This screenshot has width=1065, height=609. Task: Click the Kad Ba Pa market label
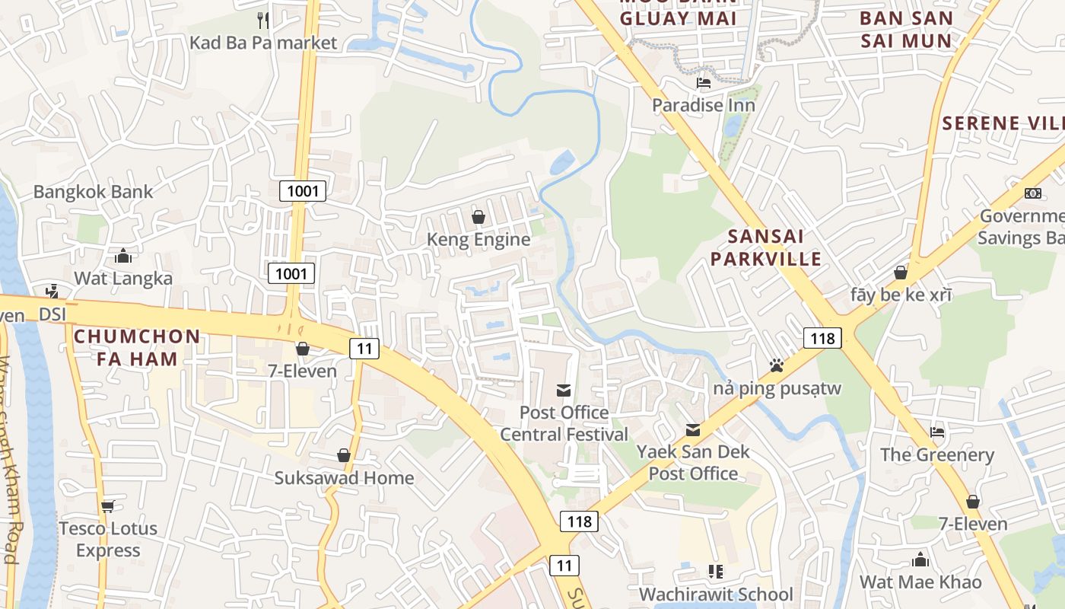click(x=262, y=43)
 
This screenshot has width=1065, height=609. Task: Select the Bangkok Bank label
click(x=93, y=192)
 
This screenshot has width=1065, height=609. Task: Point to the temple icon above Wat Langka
click(x=122, y=255)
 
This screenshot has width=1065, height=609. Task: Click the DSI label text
click(x=53, y=314)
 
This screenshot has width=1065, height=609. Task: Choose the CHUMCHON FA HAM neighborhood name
click(x=137, y=347)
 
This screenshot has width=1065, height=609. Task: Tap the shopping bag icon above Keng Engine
click(x=478, y=217)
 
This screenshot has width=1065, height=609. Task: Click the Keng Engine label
click(x=478, y=240)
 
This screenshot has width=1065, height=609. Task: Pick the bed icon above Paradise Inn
click(x=704, y=82)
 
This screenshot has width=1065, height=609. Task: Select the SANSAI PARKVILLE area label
click(x=766, y=247)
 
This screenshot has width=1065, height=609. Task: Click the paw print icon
click(x=776, y=365)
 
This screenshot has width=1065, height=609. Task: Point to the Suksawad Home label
click(x=344, y=478)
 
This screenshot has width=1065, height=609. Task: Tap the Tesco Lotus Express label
click(x=108, y=539)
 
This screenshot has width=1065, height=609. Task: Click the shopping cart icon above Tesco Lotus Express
click(x=107, y=505)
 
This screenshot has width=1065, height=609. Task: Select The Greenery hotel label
click(x=936, y=455)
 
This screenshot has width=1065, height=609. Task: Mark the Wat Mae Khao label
click(x=920, y=582)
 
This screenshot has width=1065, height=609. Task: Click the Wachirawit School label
click(x=716, y=594)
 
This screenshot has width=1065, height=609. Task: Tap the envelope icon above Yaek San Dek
click(x=692, y=430)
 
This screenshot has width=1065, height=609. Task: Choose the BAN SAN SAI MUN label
click(x=906, y=29)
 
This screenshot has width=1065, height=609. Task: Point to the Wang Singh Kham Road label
click(x=9, y=487)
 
